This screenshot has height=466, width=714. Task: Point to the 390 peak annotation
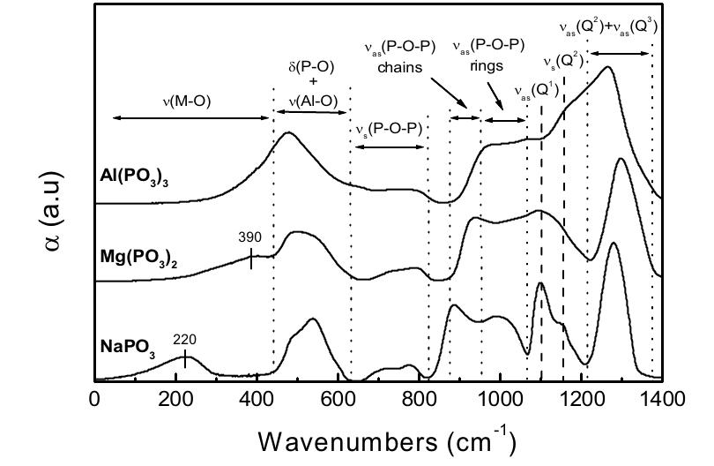click(251, 237)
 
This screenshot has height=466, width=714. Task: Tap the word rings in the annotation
click(487, 66)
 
